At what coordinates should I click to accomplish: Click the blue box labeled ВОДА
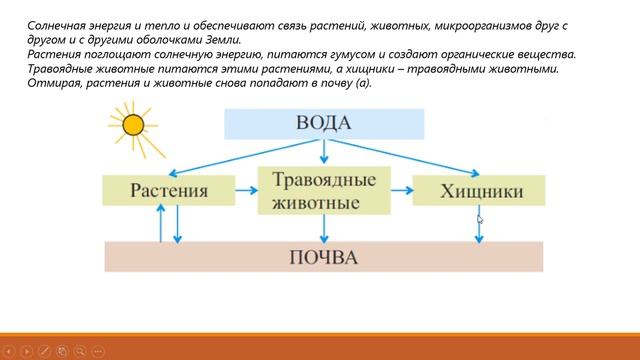(x=324, y=123)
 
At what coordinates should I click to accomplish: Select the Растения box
(x=168, y=190)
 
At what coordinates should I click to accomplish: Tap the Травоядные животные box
(x=323, y=190)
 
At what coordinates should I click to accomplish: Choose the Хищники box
(x=480, y=190)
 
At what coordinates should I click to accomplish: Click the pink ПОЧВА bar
(x=324, y=257)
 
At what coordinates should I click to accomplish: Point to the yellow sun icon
(x=132, y=126)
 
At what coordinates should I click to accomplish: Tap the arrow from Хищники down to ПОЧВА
(x=480, y=230)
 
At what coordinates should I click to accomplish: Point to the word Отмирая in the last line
(x=56, y=84)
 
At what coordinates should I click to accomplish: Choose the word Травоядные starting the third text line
(x=64, y=69)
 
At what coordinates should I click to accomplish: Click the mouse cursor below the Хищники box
(x=480, y=220)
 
